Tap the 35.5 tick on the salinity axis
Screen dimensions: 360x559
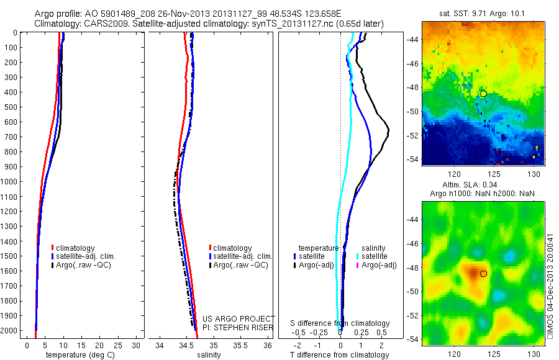(240, 344)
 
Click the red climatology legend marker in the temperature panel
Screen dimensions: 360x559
(53, 248)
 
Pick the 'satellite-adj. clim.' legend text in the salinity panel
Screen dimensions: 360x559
(244, 256)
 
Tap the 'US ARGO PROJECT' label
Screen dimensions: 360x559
(239, 318)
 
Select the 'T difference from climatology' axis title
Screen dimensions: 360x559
(340, 355)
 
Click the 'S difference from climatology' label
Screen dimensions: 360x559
(340, 323)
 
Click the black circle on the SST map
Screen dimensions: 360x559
(483, 94)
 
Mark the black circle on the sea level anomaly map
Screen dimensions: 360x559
(483, 273)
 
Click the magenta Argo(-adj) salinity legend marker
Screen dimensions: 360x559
(357, 265)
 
